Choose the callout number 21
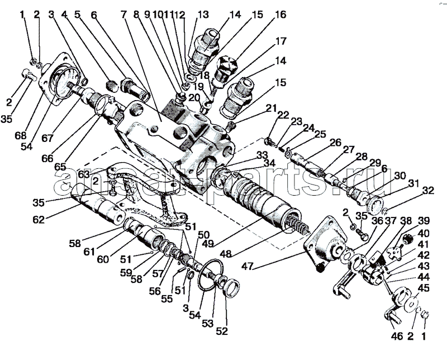pos(272,108)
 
